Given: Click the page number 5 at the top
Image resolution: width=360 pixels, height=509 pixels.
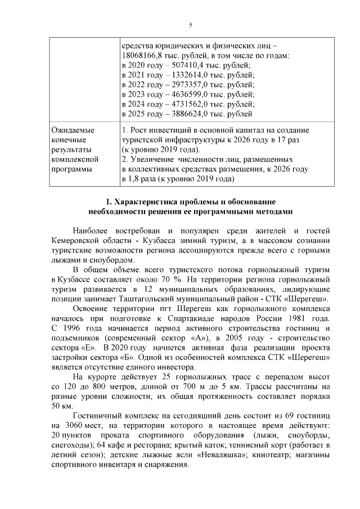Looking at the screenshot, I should point(191,25).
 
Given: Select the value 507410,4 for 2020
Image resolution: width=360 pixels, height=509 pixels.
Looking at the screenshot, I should point(183,65).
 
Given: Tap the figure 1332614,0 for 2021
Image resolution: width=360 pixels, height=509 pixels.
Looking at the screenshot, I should point(185,75).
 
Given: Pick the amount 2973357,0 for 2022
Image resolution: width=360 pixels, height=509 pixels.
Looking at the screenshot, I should point(186,84).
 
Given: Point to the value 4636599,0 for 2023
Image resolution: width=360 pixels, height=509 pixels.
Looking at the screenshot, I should point(186,94).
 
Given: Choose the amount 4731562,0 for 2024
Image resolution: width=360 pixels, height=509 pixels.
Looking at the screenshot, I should point(186,104).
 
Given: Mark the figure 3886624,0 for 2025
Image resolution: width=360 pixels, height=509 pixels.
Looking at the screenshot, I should point(186,114).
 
